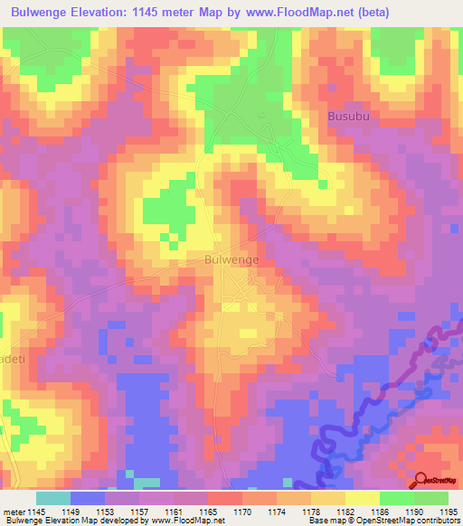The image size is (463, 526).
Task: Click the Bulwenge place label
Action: click(232, 259)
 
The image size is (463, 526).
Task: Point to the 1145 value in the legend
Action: click(37, 511)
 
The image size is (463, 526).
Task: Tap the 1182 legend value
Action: click(346, 511)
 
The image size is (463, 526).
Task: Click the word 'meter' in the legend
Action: click(13, 511)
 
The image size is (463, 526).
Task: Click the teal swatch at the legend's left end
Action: click(53, 498)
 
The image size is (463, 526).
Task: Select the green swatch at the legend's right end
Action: click(431, 498)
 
